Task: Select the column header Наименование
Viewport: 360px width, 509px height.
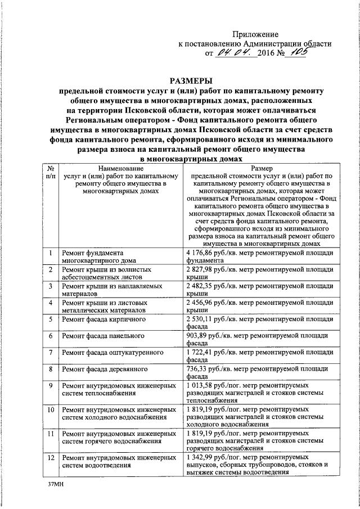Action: point(118,168)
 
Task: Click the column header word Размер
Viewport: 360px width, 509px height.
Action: point(262,168)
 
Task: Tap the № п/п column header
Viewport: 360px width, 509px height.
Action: point(51,172)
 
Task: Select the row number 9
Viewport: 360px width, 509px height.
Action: point(51,385)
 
